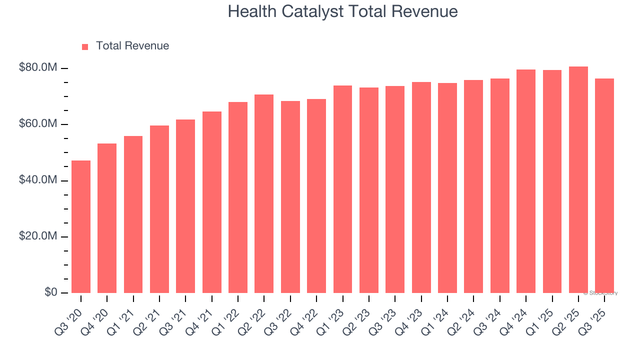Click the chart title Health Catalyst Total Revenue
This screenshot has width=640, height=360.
pos(342,11)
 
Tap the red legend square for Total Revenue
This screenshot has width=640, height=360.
pos(85,46)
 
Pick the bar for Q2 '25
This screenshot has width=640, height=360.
pos(578,179)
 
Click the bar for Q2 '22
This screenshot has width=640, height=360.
pos(264,193)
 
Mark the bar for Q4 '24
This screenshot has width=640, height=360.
pos(526,181)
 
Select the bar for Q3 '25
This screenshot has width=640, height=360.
pos(604,185)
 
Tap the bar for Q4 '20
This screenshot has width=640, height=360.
pos(107,218)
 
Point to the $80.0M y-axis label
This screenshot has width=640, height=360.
pos(38,67)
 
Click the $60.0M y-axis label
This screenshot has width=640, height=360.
pos(38,124)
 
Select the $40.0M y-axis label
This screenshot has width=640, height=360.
pos(38,180)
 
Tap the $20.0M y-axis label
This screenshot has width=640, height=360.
pos(38,236)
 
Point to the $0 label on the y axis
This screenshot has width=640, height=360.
pos(50,292)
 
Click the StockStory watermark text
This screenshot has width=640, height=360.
pos(600,293)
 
